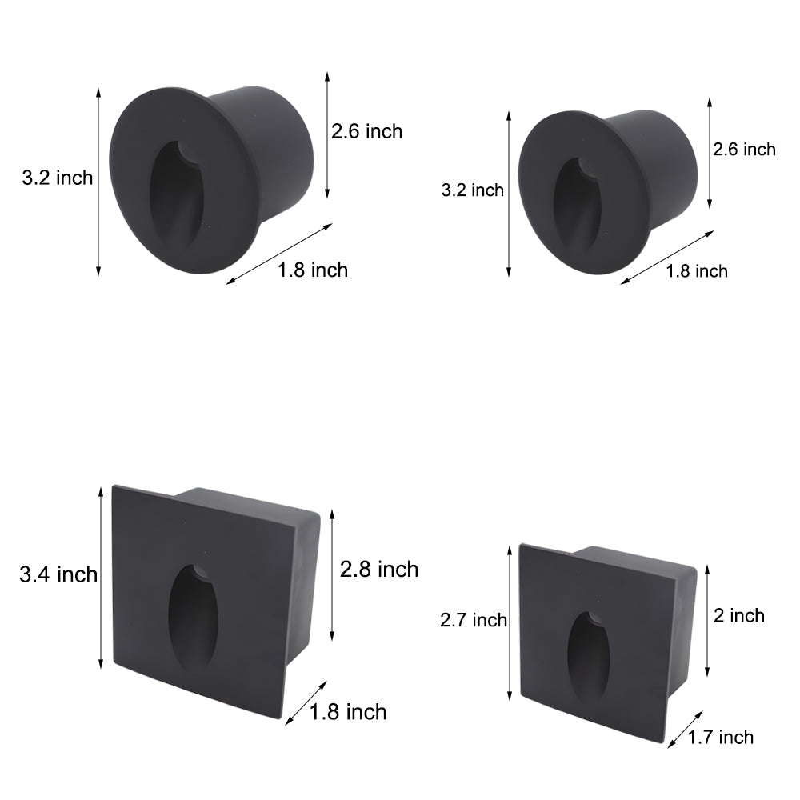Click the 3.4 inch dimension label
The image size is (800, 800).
coord(58,574)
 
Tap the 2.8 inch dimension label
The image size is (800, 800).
coord(378,570)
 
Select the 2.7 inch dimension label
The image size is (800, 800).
coord(474,620)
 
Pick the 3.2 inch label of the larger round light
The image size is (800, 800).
coord(58,178)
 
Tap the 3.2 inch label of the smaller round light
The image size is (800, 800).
coord(473,190)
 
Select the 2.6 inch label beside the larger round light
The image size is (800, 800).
coord(367,131)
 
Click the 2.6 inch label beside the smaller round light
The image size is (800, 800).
coord(745,149)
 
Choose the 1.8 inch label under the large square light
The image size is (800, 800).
coord(348,711)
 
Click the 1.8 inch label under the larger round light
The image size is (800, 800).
coord(313,270)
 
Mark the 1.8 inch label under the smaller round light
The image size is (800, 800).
coord(697,271)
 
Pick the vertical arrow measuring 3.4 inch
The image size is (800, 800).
coord(101,577)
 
